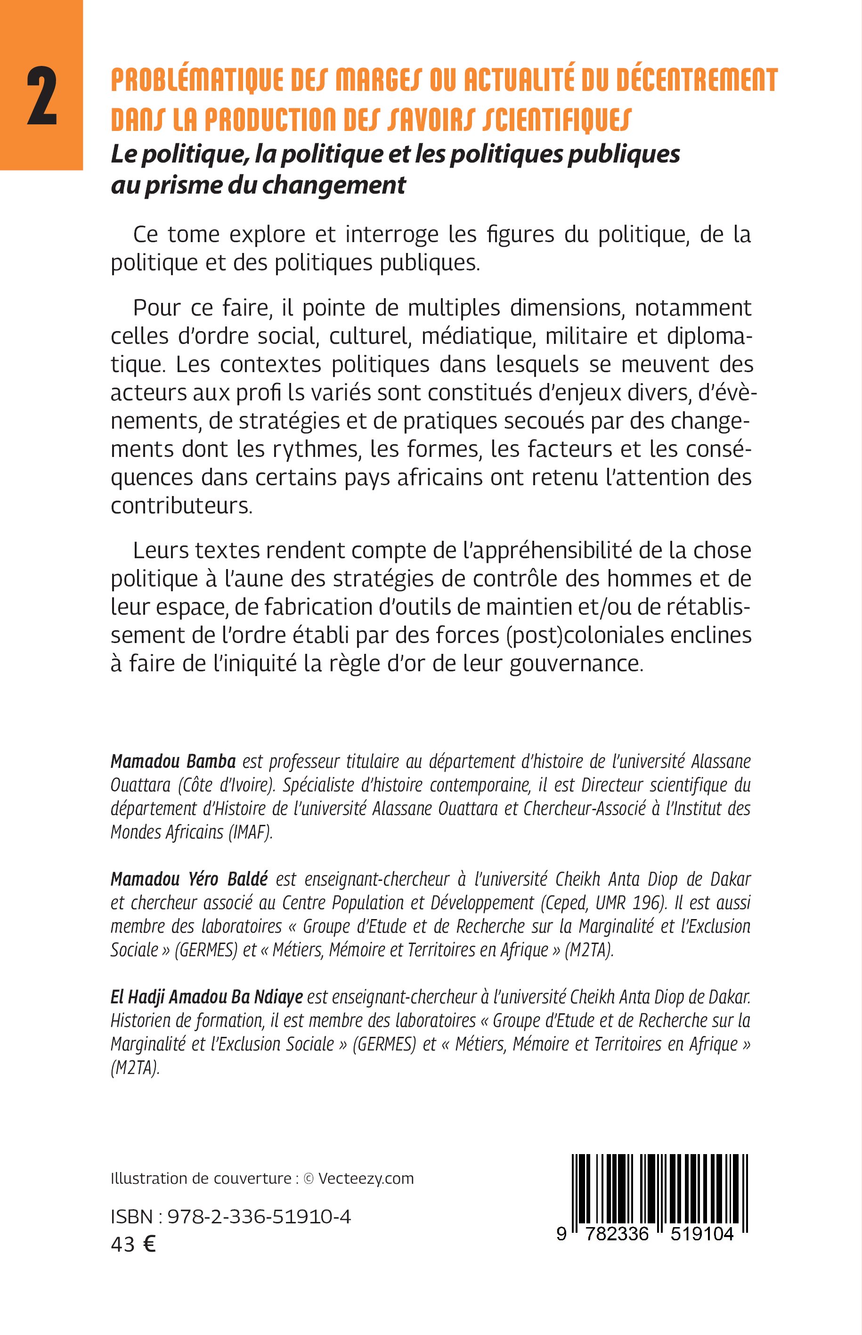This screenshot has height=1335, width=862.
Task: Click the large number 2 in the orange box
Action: pos(42,96)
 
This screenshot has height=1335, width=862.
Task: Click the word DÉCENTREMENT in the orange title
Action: pos(697,81)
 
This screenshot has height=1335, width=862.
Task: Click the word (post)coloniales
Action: pos(582,635)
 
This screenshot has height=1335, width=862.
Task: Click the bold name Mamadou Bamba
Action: pos(173,761)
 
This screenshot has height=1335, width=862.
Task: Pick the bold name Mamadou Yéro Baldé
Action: pos(189,879)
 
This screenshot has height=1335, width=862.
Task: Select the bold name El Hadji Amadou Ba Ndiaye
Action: pos(206,997)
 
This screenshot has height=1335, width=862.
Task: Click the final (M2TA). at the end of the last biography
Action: pos(135,1068)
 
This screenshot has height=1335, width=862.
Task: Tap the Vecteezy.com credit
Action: pos(366,1178)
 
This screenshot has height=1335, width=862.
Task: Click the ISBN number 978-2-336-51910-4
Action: pos(259,1216)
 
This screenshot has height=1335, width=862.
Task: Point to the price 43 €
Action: pos(133,1244)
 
